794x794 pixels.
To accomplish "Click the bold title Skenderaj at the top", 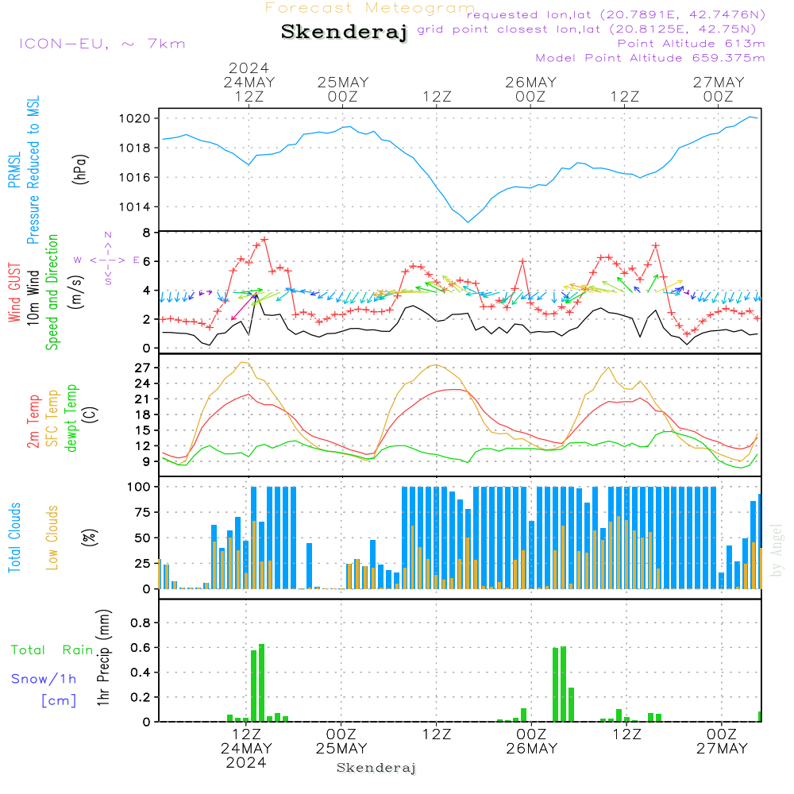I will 344,32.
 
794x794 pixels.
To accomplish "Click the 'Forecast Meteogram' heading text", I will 370,8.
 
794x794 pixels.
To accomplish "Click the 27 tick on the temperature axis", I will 143,368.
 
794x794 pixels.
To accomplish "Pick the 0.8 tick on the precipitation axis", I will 141,622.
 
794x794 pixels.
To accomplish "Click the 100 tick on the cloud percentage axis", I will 140,486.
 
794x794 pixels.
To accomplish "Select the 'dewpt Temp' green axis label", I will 71,418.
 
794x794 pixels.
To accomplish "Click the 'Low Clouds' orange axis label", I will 53,537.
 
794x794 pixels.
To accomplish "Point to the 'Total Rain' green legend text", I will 52,650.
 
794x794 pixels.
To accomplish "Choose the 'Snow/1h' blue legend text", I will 44,679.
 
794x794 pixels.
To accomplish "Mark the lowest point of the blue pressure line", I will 468,222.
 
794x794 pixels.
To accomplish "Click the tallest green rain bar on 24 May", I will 261,682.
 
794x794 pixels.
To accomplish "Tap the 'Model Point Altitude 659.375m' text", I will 650,58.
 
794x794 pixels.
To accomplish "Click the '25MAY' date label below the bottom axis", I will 341,749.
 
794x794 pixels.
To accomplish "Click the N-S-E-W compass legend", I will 108,259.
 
